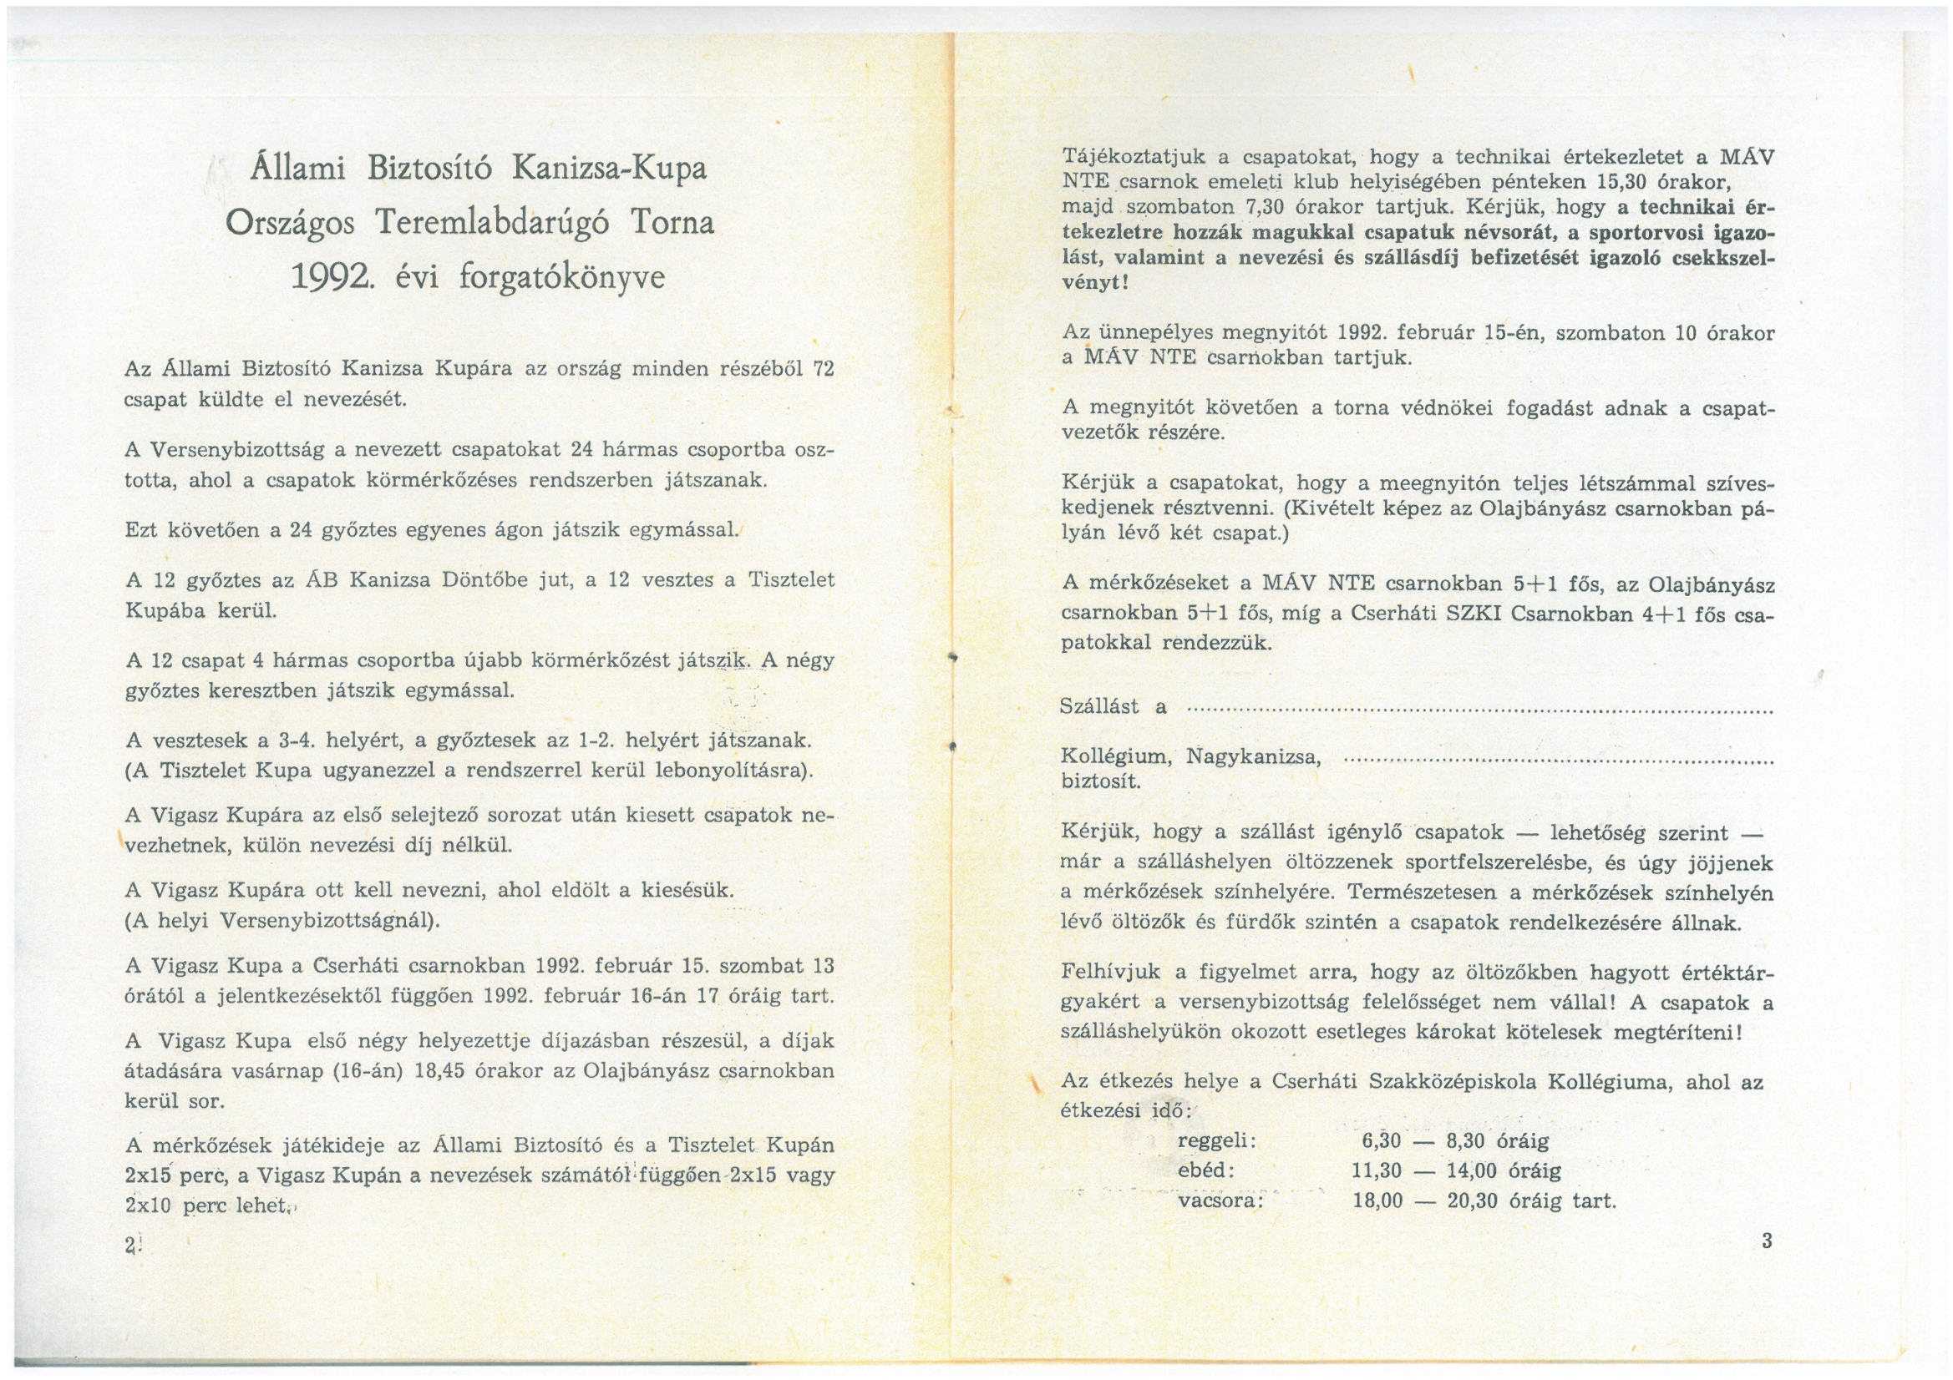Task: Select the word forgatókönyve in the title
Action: [561, 279]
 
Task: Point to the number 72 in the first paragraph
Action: [823, 369]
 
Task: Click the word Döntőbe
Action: [474, 581]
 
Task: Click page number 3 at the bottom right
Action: [1767, 1241]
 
